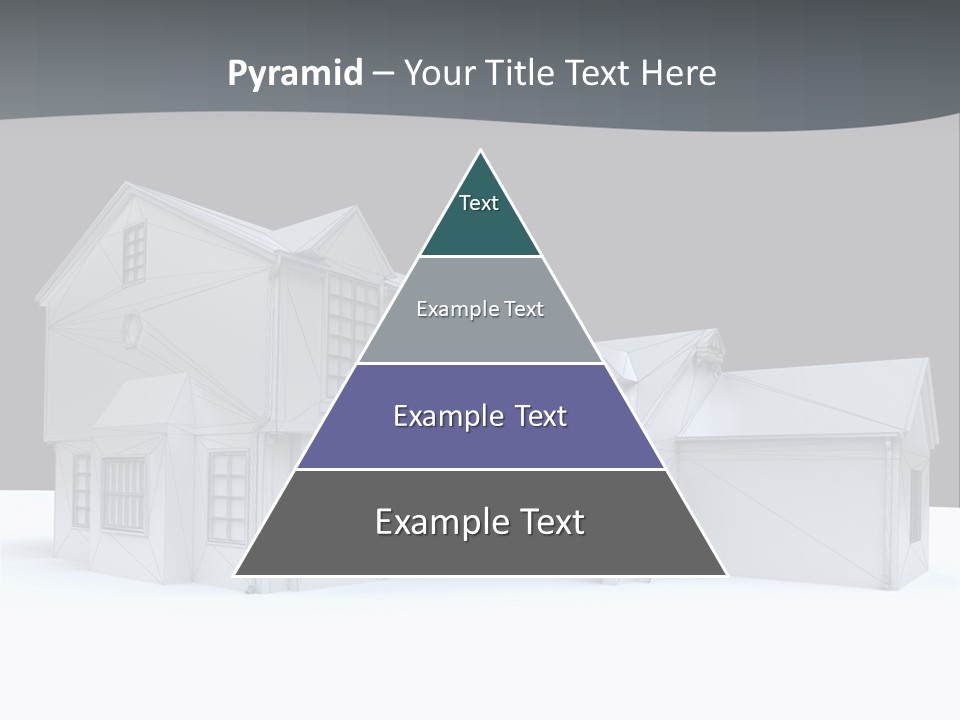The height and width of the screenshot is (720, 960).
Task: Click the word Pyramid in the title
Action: point(295,74)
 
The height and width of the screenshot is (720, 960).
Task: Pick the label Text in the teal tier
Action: point(479,203)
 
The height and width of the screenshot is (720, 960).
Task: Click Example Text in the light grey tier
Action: point(480,309)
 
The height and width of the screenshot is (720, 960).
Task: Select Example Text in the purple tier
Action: point(480,416)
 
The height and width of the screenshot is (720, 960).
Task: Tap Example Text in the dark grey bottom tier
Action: point(480,522)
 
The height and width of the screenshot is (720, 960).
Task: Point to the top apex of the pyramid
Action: point(481,151)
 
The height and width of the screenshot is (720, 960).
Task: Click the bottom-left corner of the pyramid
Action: point(235,575)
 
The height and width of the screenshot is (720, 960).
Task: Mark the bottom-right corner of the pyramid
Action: point(726,575)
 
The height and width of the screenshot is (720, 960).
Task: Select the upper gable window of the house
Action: point(134,253)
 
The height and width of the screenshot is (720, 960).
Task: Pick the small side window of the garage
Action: point(915,505)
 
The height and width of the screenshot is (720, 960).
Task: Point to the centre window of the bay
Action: point(122,494)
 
